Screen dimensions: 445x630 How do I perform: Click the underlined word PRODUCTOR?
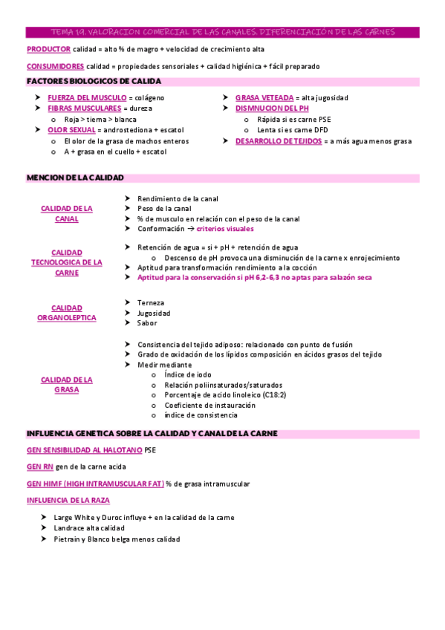[48, 49]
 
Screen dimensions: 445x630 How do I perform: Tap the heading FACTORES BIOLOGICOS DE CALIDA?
[94, 81]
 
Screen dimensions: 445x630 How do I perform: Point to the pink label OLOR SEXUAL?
[71, 129]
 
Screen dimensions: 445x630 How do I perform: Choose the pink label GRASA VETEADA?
[264, 97]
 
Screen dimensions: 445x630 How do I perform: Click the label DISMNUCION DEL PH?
[272, 108]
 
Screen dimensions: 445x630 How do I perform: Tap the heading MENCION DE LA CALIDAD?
[75, 178]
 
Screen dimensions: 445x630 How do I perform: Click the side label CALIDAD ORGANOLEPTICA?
[67, 312]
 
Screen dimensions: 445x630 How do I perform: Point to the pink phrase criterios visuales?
[225, 229]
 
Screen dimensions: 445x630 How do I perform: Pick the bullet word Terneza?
[151, 302]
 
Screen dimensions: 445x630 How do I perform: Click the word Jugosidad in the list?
[154, 313]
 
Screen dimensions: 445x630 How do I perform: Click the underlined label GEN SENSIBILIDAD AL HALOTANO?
[85, 450]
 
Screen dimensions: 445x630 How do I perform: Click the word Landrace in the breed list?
[70, 527]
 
